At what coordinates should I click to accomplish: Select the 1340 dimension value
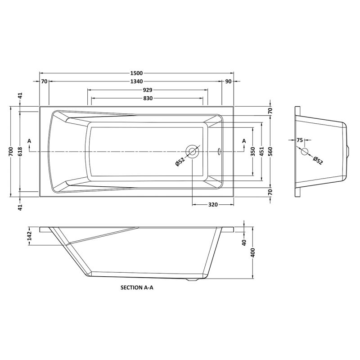[x=137, y=81]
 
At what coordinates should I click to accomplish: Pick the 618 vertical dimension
[x=20, y=152]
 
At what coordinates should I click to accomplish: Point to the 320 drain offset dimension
[x=213, y=205]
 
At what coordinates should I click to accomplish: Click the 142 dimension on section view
[x=29, y=236]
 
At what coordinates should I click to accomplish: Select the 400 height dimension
[x=253, y=253]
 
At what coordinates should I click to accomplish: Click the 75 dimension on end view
[x=300, y=140]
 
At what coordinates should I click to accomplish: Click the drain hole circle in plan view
[x=193, y=152]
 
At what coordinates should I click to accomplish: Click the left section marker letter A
[x=29, y=141]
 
